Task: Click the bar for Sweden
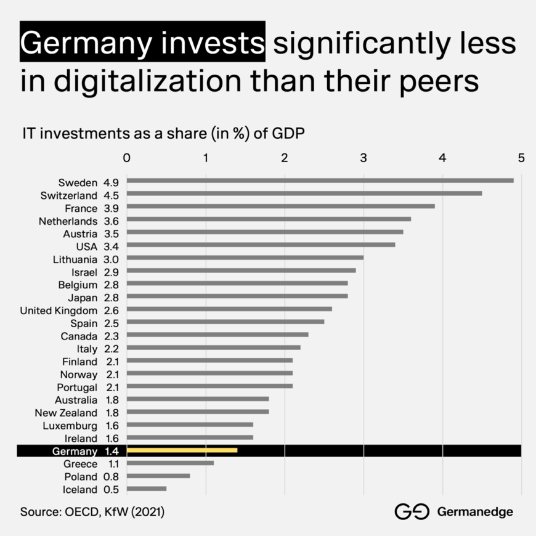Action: pyautogui.click(x=320, y=181)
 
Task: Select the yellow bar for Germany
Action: pyautogui.click(x=182, y=450)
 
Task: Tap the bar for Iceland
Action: pyautogui.click(x=147, y=489)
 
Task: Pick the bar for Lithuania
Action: pyautogui.click(x=245, y=258)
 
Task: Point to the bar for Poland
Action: pyautogui.click(x=158, y=476)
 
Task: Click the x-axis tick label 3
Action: pyautogui.click(x=363, y=158)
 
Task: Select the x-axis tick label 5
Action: pyautogui.click(x=521, y=158)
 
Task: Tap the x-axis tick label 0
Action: pyautogui.click(x=127, y=158)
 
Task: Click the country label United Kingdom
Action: pyautogui.click(x=59, y=310)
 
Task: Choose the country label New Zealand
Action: pyautogui.click(x=66, y=413)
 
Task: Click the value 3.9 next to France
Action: pyautogui.click(x=111, y=208)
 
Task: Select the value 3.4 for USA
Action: pyautogui.click(x=111, y=246)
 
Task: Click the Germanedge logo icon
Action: pyautogui.click(x=412, y=511)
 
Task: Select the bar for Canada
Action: pyautogui.click(x=217, y=335)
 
